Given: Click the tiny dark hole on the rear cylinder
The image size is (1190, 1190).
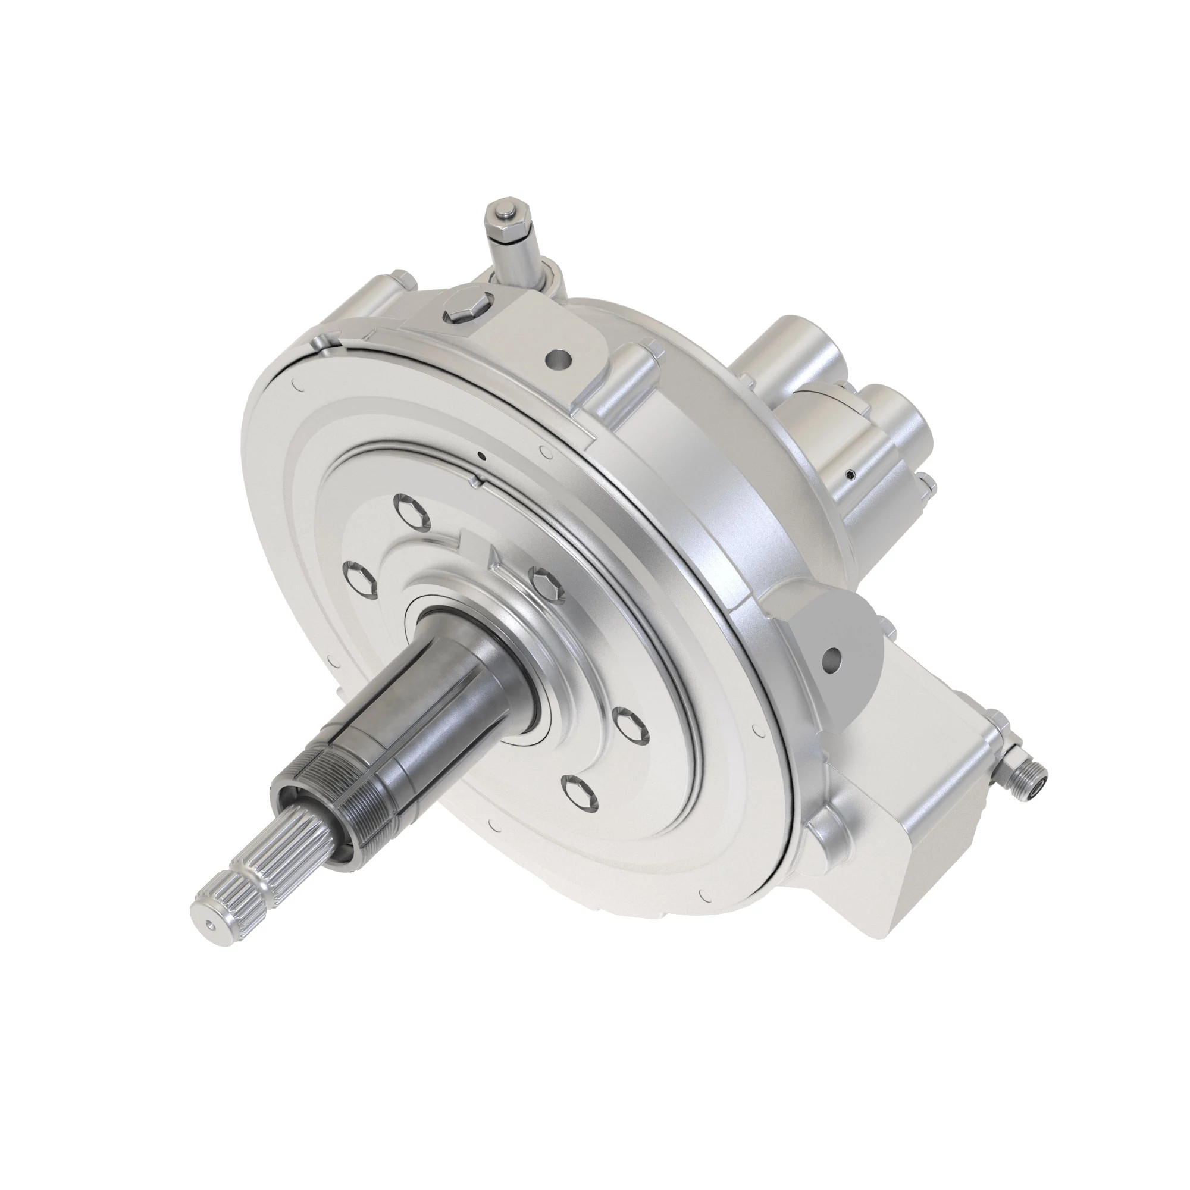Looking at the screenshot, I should tap(851, 474).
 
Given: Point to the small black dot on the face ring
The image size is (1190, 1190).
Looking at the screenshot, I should tap(483, 456).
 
